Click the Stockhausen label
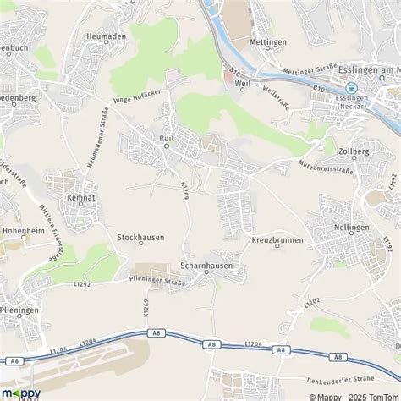(x=140, y=239)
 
